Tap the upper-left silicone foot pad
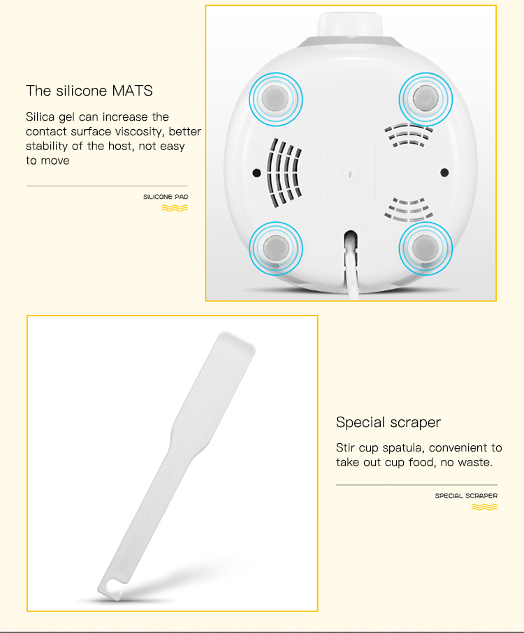coord(275,98)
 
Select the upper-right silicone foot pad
coord(423,98)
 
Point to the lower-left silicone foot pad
coord(275,247)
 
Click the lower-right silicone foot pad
coord(424,247)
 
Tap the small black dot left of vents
coord(256,172)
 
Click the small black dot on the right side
coord(444,172)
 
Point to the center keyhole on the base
coord(349,169)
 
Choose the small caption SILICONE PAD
coord(166,197)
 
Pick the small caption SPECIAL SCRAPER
coord(466,496)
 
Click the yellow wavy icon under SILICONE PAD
coord(175,207)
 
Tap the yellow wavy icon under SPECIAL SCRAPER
coord(484,507)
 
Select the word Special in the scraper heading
coord(360,422)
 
